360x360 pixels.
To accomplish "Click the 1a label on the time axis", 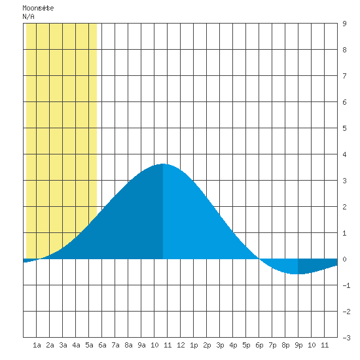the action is [x=37, y=345].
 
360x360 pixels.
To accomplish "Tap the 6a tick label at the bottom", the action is [x=102, y=345].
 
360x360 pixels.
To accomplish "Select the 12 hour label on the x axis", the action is [x=181, y=345].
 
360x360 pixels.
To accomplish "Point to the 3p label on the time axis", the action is [x=220, y=345].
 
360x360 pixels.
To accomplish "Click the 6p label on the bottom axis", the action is [x=259, y=345].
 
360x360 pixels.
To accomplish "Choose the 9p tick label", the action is [x=298, y=345].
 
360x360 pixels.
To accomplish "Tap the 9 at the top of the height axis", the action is [x=344, y=24].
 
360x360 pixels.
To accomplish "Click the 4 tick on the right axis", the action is [x=344, y=154].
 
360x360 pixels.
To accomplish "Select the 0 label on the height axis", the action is [x=344, y=259].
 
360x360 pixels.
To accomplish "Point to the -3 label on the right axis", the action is [x=346, y=338].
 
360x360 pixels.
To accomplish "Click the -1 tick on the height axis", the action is [x=346, y=285].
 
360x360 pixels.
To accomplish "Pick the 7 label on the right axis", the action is [x=344, y=76].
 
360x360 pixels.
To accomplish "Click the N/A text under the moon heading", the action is [x=28, y=16].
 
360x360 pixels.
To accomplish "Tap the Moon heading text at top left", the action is [x=38, y=8].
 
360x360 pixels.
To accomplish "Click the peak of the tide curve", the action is [x=163, y=164].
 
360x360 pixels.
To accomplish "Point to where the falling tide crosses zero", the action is [x=259, y=259].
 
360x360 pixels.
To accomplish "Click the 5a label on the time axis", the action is [x=89, y=345].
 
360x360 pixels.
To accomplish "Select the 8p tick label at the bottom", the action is [x=285, y=345].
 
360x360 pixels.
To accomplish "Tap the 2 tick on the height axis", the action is [x=344, y=207].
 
